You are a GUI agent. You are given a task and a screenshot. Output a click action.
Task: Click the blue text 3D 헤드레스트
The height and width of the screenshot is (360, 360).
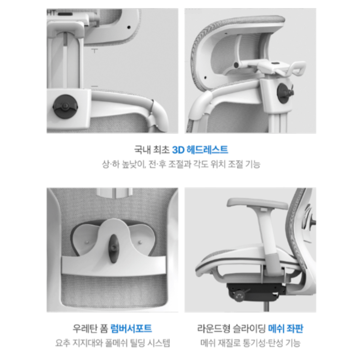(200, 150)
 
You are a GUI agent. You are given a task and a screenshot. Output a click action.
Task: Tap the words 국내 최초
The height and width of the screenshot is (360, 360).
(152, 150)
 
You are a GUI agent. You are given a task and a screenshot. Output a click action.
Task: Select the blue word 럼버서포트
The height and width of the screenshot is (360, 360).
(131, 329)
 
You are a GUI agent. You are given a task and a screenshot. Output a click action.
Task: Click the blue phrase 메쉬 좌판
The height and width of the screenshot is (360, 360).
(285, 329)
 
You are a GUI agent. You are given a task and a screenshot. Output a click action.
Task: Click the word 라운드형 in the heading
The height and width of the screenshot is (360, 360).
(214, 329)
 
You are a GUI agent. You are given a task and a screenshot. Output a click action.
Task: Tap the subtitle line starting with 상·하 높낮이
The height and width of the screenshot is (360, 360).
(181, 164)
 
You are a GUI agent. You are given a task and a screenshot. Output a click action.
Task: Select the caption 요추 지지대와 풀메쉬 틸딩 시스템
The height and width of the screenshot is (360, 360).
(112, 343)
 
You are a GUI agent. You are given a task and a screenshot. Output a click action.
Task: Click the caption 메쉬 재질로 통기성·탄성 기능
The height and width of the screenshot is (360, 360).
(250, 343)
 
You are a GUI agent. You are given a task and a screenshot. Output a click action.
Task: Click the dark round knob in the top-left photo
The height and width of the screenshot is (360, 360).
(65, 106)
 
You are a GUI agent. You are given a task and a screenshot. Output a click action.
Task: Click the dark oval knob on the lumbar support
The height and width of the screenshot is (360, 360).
(113, 249)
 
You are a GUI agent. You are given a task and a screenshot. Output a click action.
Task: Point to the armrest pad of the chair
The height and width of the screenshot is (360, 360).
(257, 203)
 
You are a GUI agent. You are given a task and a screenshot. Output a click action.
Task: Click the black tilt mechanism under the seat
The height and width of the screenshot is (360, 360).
(255, 292)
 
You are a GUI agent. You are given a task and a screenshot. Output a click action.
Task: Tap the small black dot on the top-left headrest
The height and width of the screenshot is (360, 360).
(129, 27)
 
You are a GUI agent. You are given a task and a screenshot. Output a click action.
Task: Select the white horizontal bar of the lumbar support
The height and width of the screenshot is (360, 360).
(114, 266)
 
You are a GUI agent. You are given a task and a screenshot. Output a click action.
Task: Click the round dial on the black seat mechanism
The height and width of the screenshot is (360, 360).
(239, 295)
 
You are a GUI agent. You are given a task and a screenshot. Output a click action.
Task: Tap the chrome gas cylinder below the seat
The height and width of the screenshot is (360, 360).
(266, 307)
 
